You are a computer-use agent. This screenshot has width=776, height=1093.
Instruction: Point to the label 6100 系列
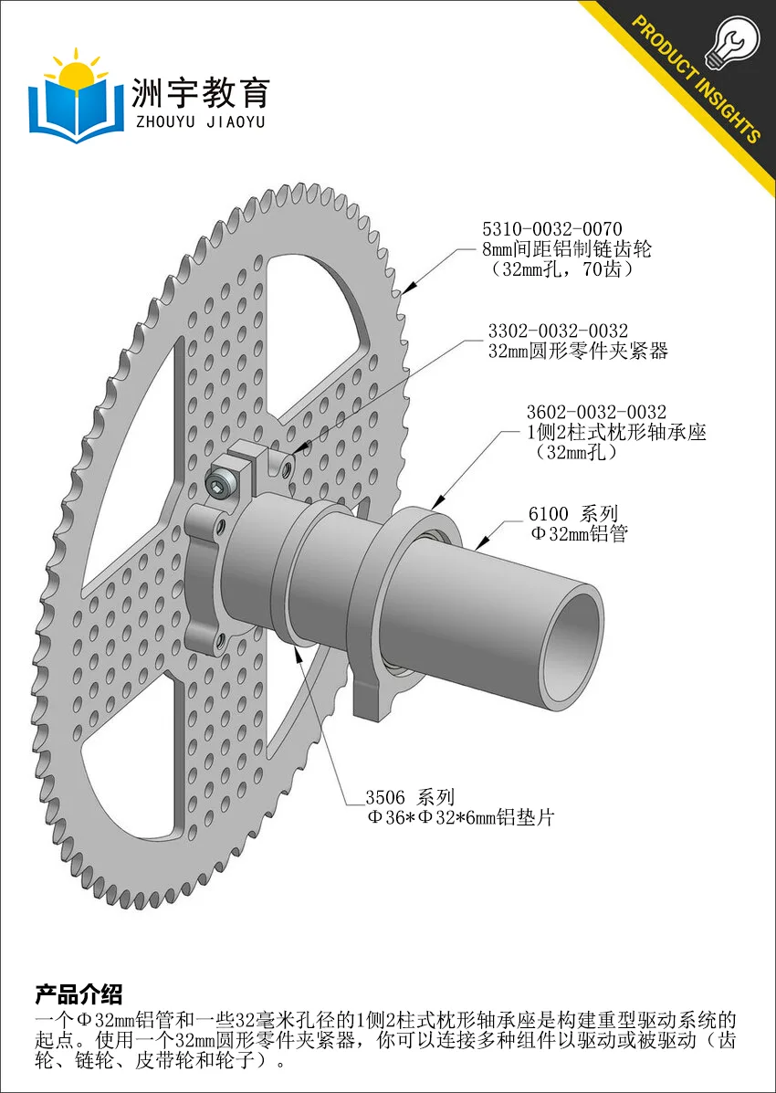click(x=573, y=514)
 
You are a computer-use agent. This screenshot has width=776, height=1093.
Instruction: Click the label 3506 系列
click(x=411, y=797)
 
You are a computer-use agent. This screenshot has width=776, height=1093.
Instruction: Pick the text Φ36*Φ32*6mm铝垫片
click(x=461, y=817)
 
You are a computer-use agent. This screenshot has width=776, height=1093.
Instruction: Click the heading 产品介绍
click(x=79, y=993)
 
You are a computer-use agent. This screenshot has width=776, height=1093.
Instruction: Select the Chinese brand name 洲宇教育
click(x=201, y=93)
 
